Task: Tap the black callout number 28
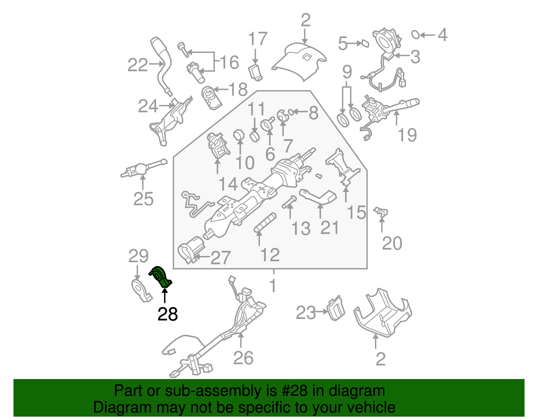point(167,314)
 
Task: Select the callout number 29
point(138,257)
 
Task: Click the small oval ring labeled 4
point(416,34)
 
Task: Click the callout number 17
point(258,39)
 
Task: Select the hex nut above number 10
point(239,135)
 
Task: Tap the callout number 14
point(228,184)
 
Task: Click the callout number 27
point(220,258)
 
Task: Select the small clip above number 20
point(381,212)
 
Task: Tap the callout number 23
point(306,313)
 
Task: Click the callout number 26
point(243,358)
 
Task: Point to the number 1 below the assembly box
point(273,286)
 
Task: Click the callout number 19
point(407,135)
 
